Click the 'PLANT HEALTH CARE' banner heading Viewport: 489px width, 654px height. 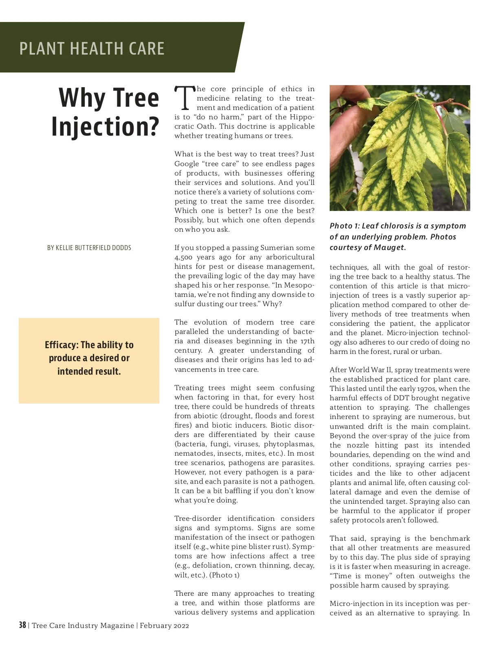click(x=92, y=48)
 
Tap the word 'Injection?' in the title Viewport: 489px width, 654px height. click(x=105, y=127)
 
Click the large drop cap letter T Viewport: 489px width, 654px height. click(x=184, y=98)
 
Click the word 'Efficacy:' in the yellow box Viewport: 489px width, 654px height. click(x=62, y=345)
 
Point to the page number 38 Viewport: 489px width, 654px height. click(x=22, y=625)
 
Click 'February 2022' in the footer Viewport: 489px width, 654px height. click(x=164, y=625)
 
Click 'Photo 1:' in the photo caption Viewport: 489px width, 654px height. click(x=344, y=226)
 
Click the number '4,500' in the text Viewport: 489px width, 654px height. click(x=183, y=257)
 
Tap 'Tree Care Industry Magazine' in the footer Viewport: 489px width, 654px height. click(x=83, y=625)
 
